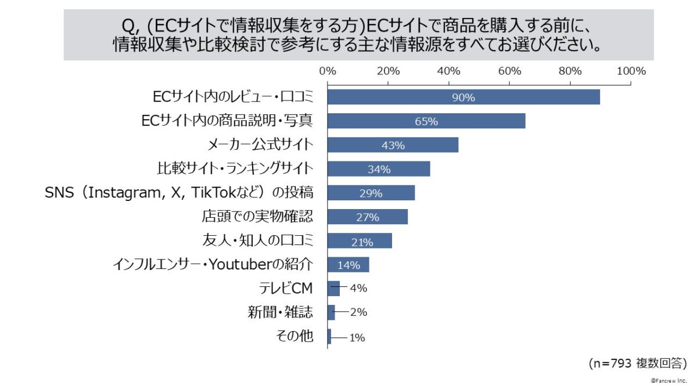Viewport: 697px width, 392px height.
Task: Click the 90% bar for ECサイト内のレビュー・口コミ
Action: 463,97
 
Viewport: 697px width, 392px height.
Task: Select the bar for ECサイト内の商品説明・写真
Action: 426,121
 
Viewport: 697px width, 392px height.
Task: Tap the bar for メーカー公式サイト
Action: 393,145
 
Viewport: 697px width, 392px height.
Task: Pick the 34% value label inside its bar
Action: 379,169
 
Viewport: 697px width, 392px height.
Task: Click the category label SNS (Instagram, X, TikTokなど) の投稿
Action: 179,193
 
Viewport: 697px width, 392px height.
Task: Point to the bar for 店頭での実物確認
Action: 367,217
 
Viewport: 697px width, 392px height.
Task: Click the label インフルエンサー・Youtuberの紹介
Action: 213,265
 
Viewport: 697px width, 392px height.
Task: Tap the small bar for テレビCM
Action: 333,288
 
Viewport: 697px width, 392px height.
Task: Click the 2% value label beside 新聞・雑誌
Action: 358,312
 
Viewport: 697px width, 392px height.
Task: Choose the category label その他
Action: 296,336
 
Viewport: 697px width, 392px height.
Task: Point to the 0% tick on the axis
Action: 328,71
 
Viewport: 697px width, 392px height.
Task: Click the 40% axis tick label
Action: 448,71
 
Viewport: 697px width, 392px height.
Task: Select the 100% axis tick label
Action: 631,71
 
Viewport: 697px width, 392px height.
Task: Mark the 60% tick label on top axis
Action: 509,71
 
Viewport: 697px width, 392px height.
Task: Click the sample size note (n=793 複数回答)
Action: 637,364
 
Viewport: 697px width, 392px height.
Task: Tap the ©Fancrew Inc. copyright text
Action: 669,380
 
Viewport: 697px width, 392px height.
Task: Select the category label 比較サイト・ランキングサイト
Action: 235,169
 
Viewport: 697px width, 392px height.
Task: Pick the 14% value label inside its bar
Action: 348,265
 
